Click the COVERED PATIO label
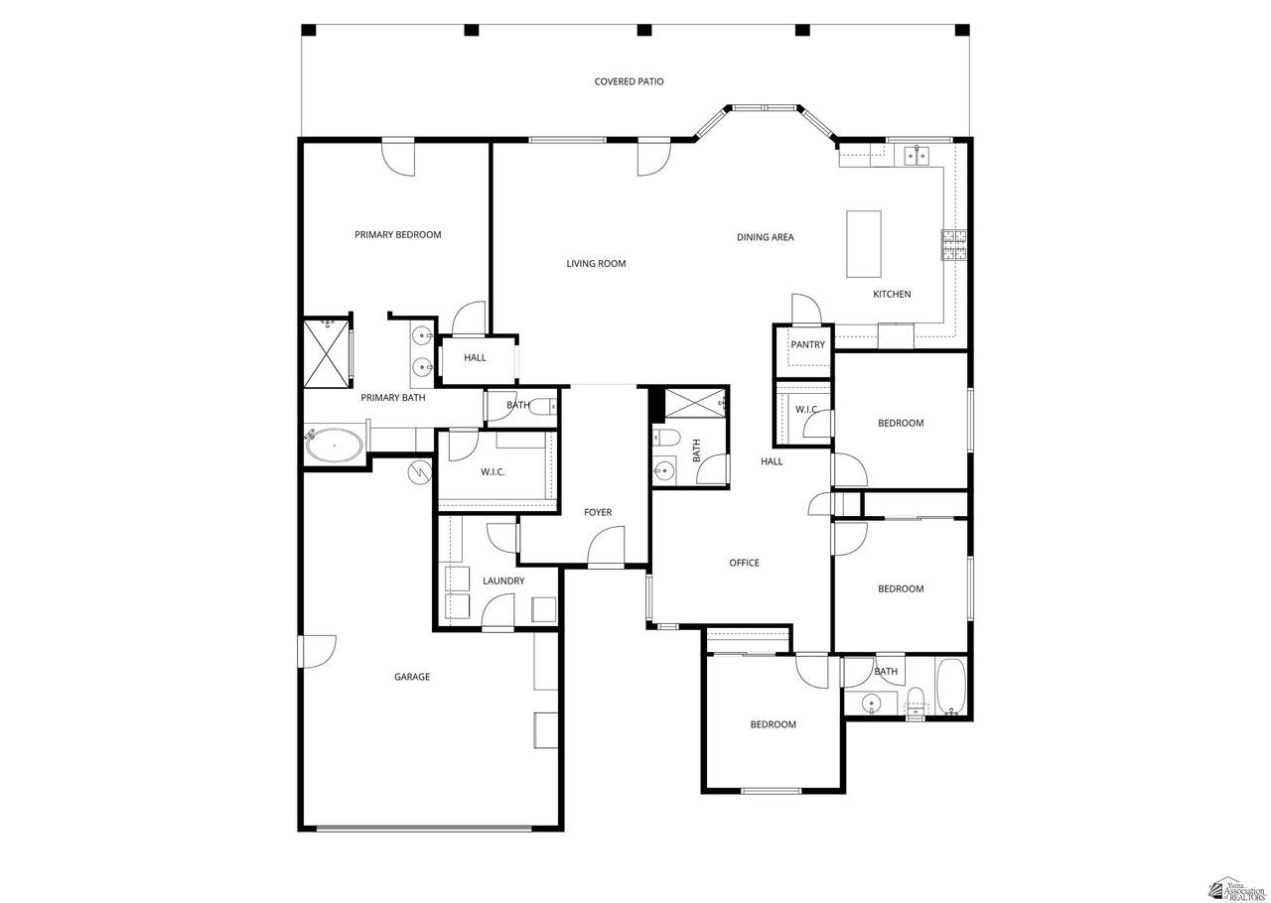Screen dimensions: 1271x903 (629, 81)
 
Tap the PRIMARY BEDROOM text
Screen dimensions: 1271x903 (398, 235)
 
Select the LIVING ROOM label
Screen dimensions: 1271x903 (596, 264)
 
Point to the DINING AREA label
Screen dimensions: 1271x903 (765, 237)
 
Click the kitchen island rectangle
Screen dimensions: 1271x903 (864, 244)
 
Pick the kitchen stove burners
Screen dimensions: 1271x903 (954, 244)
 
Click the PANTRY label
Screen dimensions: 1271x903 (807, 345)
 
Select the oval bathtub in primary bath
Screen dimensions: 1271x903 (335, 446)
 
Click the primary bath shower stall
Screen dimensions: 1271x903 (327, 353)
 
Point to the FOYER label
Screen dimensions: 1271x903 (598, 513)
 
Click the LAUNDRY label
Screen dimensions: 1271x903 (503, 580)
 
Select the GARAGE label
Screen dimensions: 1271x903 (412, 677)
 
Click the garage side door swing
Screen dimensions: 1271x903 (318, 651)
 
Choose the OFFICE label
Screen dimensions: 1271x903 (744, 563)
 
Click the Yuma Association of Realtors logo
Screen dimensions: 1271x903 (1237, 888)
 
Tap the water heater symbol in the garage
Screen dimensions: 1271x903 (420, 471)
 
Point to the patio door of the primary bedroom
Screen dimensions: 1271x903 (398, 157)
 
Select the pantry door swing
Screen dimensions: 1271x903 (806, 309)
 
